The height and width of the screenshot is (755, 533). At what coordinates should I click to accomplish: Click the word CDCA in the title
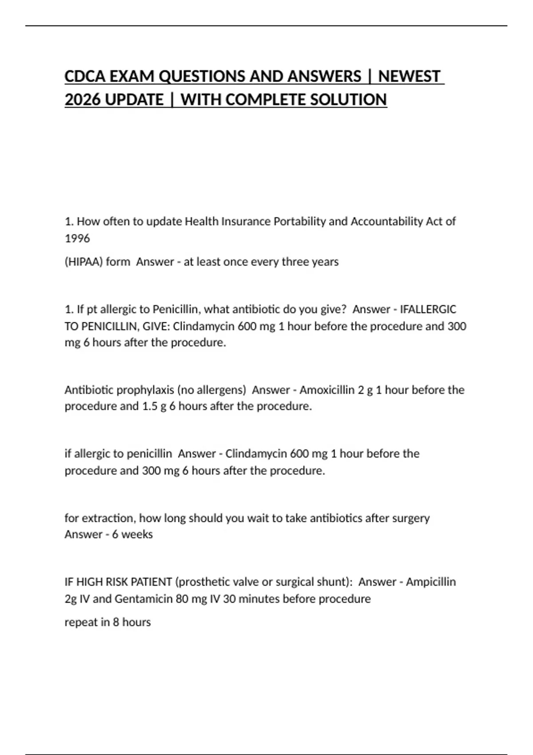(85, 76)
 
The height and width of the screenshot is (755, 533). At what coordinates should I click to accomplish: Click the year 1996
(77, 238)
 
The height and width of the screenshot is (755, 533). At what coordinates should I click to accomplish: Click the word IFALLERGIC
(428, 309)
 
